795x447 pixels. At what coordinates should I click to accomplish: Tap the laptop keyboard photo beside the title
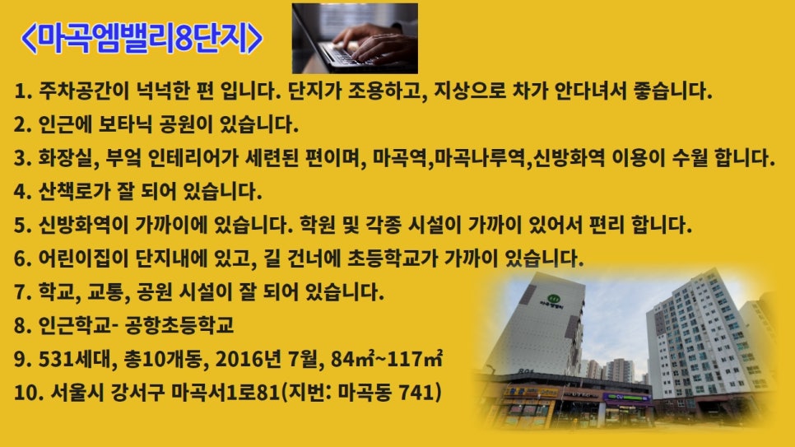click(x=355, y=38)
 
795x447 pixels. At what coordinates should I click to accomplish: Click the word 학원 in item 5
click(x=430, y=226)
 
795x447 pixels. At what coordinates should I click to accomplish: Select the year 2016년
click(x=242, y=360)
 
